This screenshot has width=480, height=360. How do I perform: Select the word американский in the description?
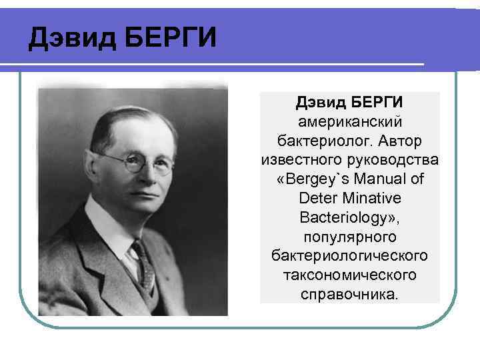pyautogui.click(x=350, y=123)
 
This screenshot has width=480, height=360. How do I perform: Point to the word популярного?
pyautogui.click(x=350, y=237)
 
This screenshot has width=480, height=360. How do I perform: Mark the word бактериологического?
pyautogui.click(x=350, y=256)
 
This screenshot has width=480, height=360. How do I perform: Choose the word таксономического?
pyautogui.click(x=350, y=275)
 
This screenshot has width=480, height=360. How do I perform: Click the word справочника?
pyautogui.click(x=350, y=294)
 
